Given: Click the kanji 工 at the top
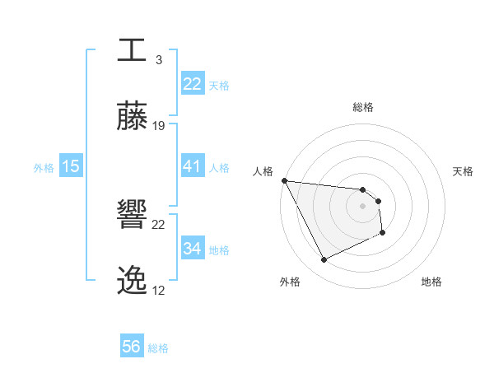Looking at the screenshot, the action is [x=132, y=50].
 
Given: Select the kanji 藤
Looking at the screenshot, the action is [x=132, y=117].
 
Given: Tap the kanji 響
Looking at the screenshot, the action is [x=132, y=217].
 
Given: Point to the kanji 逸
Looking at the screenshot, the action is [x=132, y=282].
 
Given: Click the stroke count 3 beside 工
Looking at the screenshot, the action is [x=158, y=60].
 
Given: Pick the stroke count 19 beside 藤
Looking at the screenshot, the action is [x=159, y=126].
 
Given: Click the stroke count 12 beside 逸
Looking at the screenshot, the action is [x=159, y=291].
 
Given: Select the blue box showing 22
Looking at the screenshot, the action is [x=192, y=84].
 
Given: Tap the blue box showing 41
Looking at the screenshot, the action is [x=192, y=166].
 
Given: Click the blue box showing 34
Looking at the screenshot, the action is [x=192, y=249].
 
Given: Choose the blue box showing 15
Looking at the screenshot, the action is [x=71, y=166].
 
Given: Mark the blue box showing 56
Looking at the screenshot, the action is [x=132, y=347].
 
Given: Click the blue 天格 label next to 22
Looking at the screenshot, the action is [x=219, y=85].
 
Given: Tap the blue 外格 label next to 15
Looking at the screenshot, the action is [x=44, y=167].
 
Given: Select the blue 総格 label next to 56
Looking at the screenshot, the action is [x=158, y=347].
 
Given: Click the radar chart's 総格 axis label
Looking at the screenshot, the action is [x=363, y=107].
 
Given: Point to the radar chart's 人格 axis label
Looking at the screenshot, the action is [x=263, y=171].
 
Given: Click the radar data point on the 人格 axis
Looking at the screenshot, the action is [x=284, y=180].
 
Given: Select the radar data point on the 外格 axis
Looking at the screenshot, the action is [x=324, y=260].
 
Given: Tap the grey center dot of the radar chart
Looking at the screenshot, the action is [x=363, y=206].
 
